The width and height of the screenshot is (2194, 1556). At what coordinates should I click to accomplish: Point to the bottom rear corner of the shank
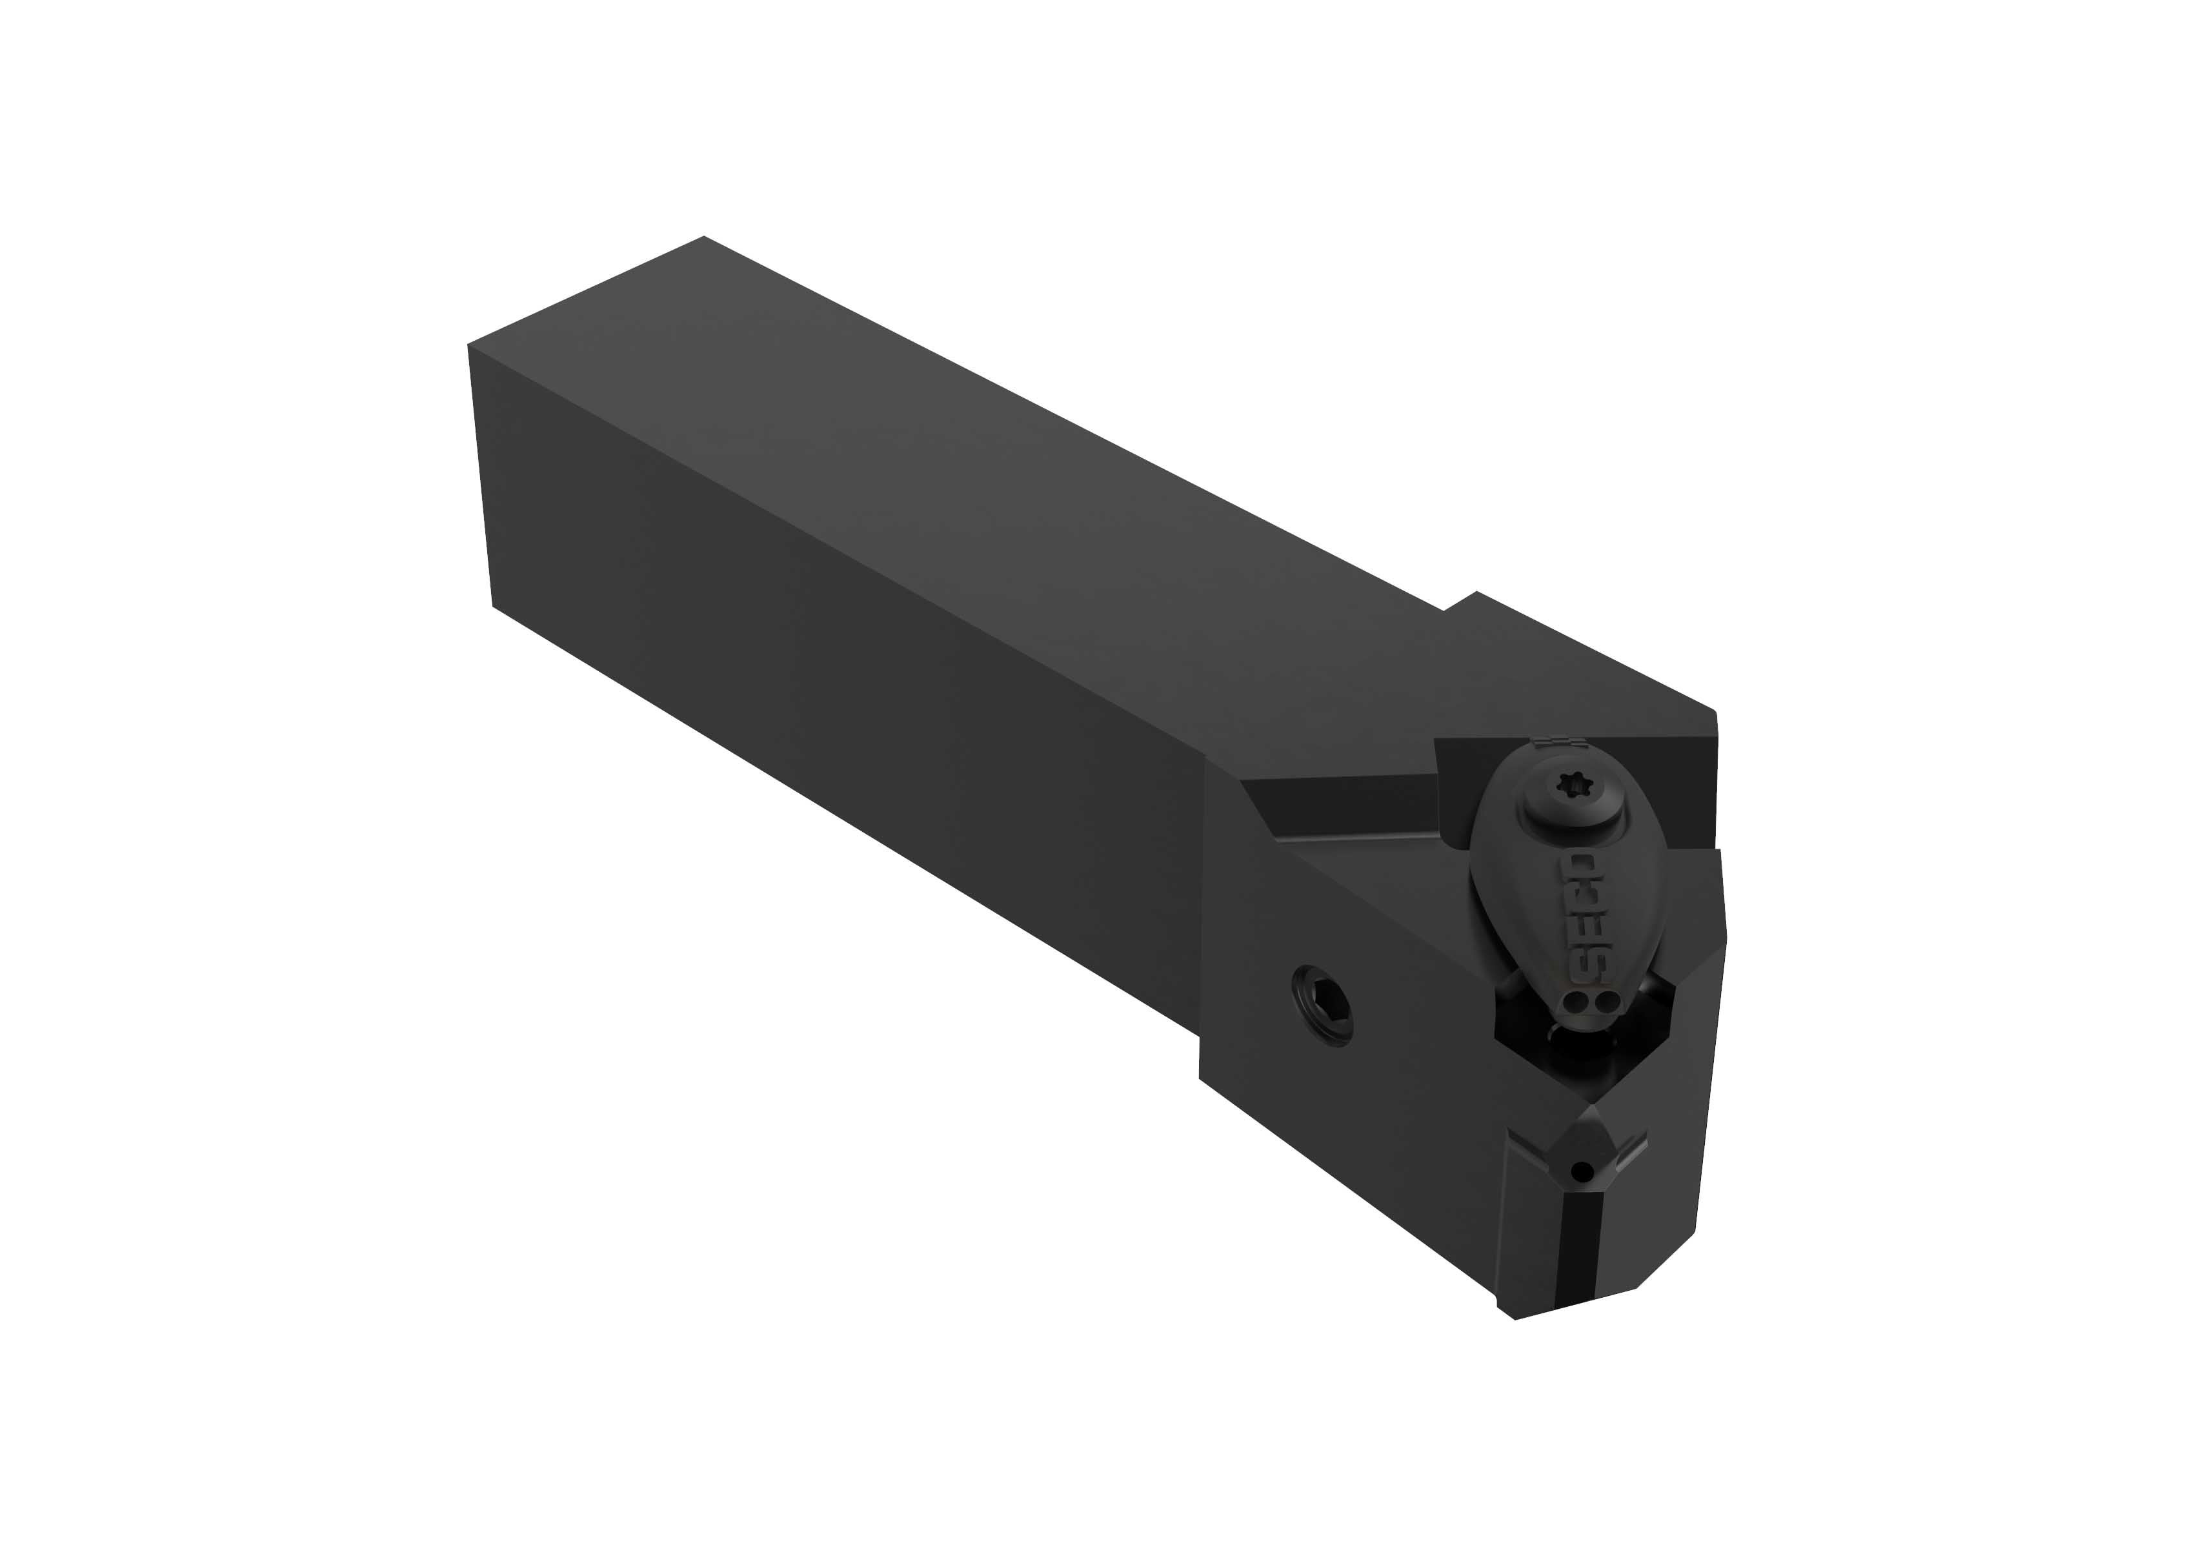click(494, 605)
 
